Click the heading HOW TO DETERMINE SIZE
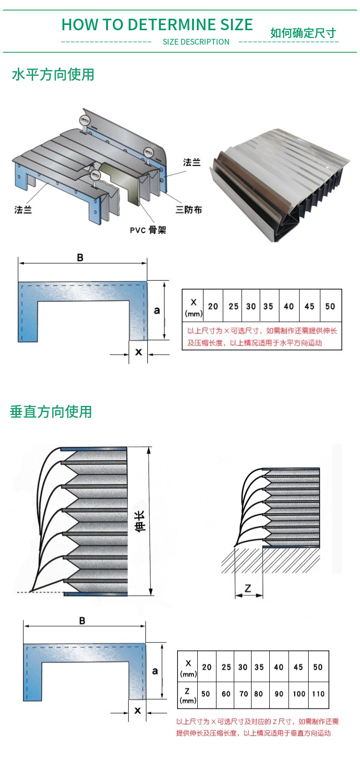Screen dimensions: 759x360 157,24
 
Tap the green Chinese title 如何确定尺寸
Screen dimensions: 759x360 303,33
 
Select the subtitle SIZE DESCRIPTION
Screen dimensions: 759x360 196,42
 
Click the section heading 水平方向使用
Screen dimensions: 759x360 53,75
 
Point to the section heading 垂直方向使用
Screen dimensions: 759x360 51,412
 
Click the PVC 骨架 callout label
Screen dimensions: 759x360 148,230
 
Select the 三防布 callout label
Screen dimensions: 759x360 189,210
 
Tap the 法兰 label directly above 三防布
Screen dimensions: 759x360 192,163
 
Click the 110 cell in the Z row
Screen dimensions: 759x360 318,694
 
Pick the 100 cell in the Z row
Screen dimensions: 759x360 299,694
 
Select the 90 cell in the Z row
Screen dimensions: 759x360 279,694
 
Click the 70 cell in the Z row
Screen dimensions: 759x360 243,694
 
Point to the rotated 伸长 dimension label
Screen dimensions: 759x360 140,521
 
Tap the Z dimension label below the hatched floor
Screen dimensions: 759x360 248,588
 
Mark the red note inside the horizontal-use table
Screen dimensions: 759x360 262,337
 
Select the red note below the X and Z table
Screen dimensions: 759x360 257,727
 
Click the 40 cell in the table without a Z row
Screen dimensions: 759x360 288,306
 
